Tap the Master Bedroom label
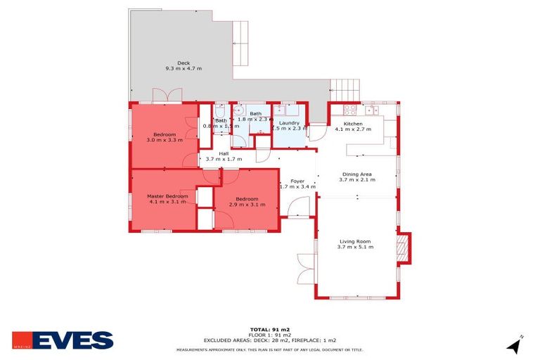(x=167, y=196)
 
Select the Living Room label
(x=354, y=241)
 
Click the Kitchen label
(x=352, y=124)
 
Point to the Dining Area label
(x=356, y=174)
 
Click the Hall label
(x=224, y=153)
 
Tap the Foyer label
(x=297, y=181)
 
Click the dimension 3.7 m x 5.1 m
(x=354, y=247)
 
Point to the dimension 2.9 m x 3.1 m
(x=247, y=205)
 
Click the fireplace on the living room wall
(x=403, y=247)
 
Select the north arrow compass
(x=515, y=345)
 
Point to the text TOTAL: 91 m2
(x=269, y=329)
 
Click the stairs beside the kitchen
(x=345, y=90)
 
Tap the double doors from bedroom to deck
(x=167, y=96)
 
